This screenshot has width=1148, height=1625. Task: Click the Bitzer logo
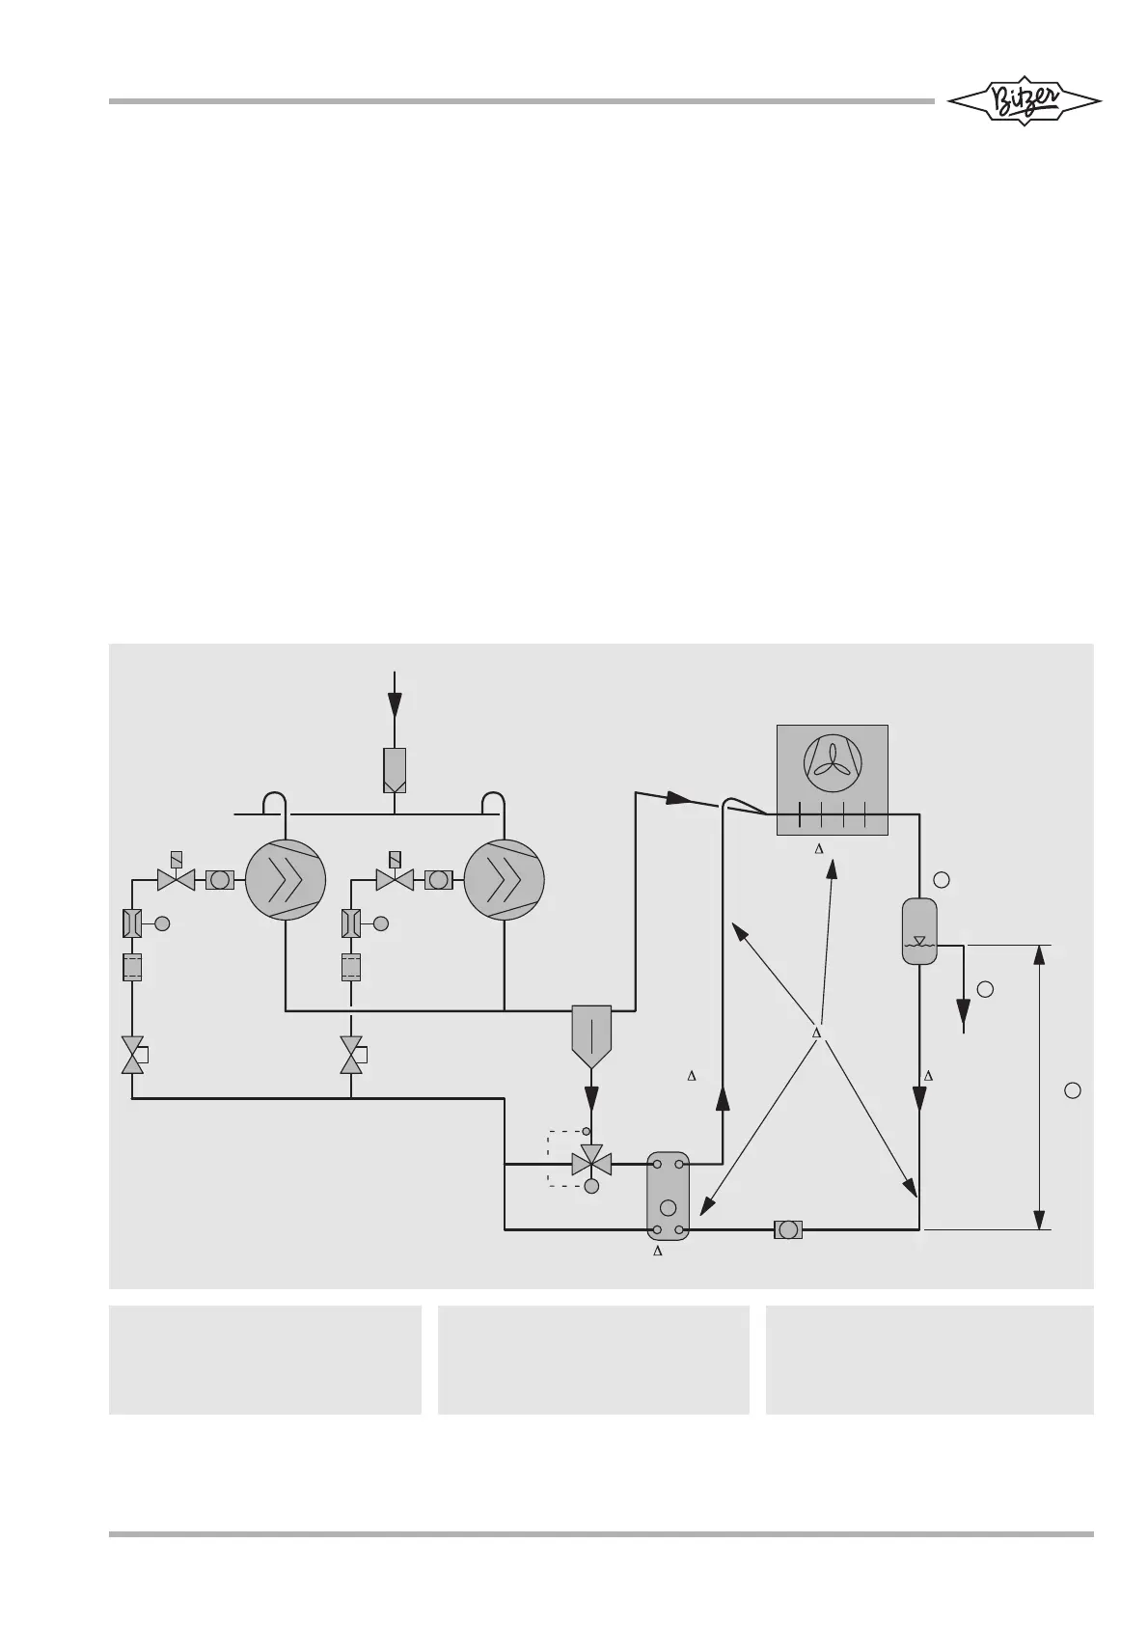coord(1024,101)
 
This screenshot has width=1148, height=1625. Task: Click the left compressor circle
coord(286,880)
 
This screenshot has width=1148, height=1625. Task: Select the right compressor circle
coord(504,880)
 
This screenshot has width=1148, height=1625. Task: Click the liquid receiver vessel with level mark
coord(919,931)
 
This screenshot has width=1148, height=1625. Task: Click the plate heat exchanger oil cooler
coord(668,1195)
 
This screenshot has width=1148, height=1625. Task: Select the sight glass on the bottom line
coord(788,1229)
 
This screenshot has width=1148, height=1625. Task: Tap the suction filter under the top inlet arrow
coord(395,770)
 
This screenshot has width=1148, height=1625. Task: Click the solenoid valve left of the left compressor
coord(176,879)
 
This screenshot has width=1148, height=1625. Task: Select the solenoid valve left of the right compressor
coord(394,879)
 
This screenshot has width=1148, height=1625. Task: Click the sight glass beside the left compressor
coord(221,880)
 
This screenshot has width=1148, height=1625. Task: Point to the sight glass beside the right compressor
coord(439,880)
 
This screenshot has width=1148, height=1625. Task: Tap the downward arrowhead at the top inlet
coord(395,705)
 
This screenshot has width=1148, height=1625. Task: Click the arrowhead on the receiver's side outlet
coord(964,1012)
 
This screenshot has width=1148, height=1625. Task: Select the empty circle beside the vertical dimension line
coord(1072,1090)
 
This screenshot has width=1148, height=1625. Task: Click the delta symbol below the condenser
coord(818,849)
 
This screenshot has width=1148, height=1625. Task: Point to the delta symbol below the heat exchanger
coord(658,1252)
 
